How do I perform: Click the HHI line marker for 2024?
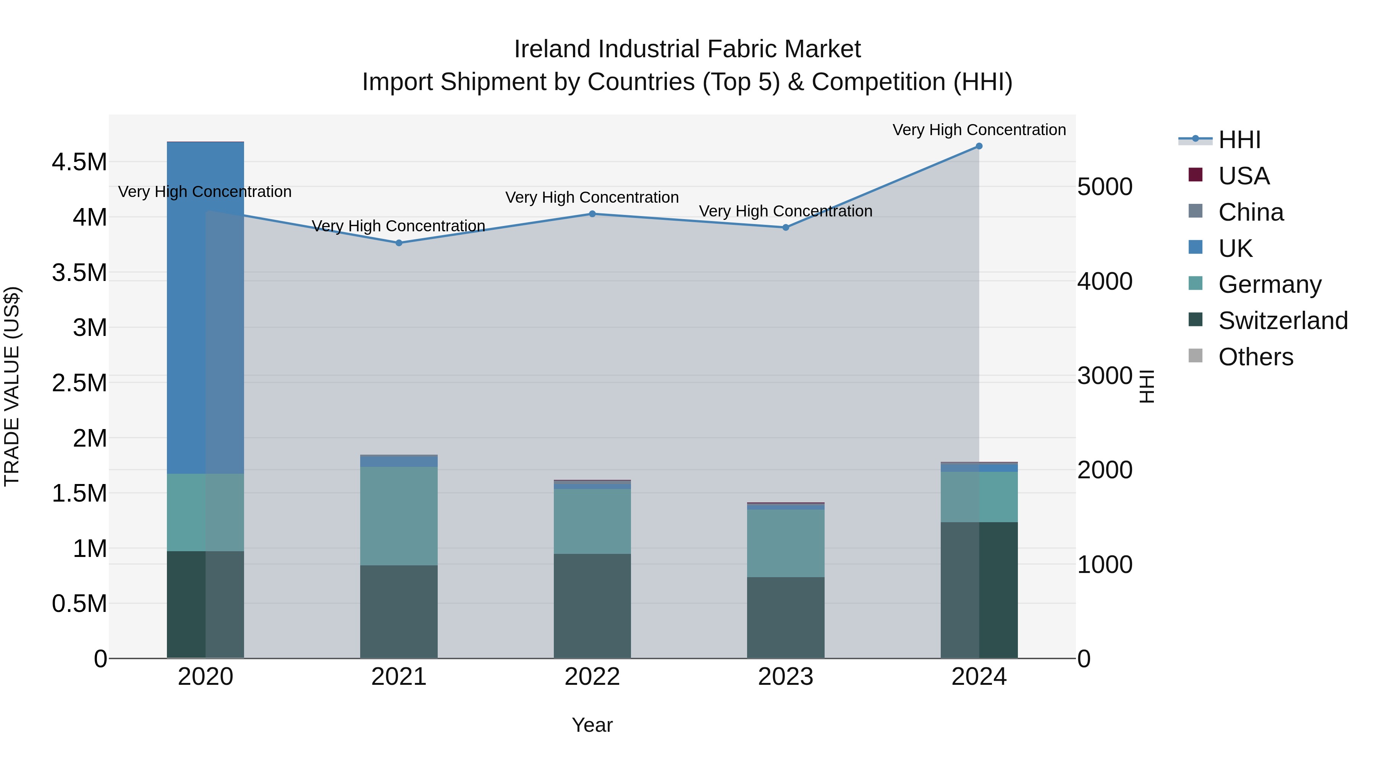(979, 146)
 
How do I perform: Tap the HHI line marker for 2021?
(399, 243)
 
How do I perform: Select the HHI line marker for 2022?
(592, 214)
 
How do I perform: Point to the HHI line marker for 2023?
(786, 227)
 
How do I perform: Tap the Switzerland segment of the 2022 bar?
(592, 605)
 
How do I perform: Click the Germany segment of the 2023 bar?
(786, 543)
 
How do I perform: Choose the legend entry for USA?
(1244, 176)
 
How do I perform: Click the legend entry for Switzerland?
(1283, 321)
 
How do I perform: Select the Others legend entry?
(1255, 357)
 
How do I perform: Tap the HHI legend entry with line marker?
(1239, 140)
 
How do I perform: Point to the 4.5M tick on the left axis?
(79, 161)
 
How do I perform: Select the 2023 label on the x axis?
(786, 677)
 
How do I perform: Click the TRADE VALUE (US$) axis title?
(12, 386)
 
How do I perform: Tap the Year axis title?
(592, 725)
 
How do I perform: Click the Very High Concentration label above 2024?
(979, 130)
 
